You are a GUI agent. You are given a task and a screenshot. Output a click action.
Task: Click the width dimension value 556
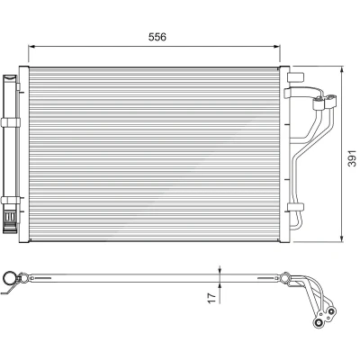pyautogui.click(x=157, y=37)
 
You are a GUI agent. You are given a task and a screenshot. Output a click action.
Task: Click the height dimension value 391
pyautogui.click(x=352, y=158)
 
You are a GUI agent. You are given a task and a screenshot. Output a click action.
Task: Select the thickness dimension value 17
pyautogui.click(x=212, y=298)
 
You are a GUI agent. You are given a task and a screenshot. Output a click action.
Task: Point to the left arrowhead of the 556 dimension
pyautogui.click(x=31, y=47)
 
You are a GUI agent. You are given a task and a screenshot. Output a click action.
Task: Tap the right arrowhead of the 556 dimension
pyautogui.click(x=276, y=47)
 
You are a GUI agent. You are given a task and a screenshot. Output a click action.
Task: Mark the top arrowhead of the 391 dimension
pyautogui.click(x=342, y=69)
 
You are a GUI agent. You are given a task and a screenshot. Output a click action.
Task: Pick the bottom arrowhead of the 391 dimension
pyautogui.click(x=342, y=238)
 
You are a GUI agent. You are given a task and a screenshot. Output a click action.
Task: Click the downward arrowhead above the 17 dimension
pyautogui.click(x=220, y=270)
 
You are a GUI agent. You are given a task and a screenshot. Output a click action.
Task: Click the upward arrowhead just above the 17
pyautogui.click(x=220, y=286)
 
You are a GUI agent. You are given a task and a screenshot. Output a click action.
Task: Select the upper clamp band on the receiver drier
pyautogui.click(x=11, y=122)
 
